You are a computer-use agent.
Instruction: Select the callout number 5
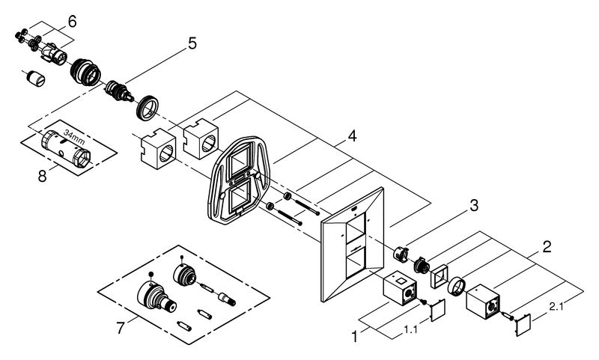192,44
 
